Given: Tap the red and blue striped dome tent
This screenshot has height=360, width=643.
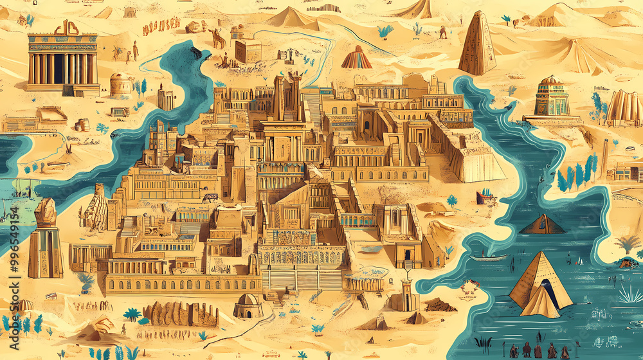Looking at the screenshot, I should click(x=356, y=59).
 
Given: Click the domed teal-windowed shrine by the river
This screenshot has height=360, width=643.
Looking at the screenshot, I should click(x=551, y=98).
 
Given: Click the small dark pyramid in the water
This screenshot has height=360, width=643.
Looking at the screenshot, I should click(x=542, y=224).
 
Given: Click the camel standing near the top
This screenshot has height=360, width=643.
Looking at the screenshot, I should click(x=219, y=40).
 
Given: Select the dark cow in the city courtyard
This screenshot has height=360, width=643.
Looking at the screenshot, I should click(x=211, y=198).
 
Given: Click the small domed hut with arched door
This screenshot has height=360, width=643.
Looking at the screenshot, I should click(x=248, y=307).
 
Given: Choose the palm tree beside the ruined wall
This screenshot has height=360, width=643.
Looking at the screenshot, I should click(x=132, y=314).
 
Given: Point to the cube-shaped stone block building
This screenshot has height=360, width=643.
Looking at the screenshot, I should click(x=248, y=50).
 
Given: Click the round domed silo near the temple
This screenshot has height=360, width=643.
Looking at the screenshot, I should click(x=120, y=85).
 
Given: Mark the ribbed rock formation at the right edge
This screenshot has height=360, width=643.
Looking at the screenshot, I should click(x=623, y=106).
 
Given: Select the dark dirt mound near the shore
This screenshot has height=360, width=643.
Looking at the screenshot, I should click(x=440, y=305).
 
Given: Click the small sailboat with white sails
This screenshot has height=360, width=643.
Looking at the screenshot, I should click(x=580, y=261).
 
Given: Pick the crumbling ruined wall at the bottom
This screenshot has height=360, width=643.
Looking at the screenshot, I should click(x=180, y=314).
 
